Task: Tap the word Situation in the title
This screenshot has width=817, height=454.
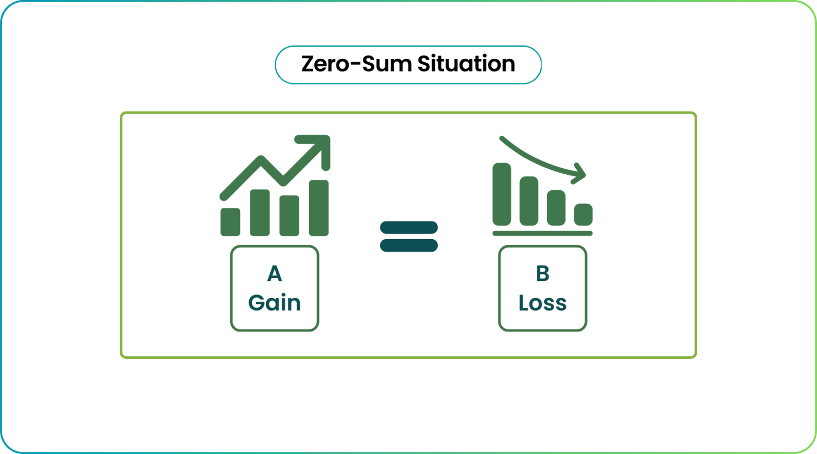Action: pyautogui.click(x=466, y=64)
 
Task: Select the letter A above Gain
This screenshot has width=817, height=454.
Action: pyautogui.click(x=275, y=274)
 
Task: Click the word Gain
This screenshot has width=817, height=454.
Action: pyautogui.click(x=275, y=303)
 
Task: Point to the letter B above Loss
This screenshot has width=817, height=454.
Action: pyautogui.click(x=542, y=274)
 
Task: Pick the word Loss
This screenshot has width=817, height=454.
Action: pyautogui.click(x=542, y=303)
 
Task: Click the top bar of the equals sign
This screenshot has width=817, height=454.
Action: pyautogui.click(x=408, y=227)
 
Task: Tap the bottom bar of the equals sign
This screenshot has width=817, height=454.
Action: pyautogui.click(x=408, y=246)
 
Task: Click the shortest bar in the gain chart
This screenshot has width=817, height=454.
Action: pyautogui.click(x=230, y=222)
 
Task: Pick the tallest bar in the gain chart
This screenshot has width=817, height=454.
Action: pyautogui.click(x=319, y=208)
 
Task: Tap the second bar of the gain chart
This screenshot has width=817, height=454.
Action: pyautogui.click(x=260, y=213)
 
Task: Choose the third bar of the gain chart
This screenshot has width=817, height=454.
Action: pyautogui.click(x=289, y=215)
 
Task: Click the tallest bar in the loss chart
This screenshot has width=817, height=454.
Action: pyautogui.click(x=501, y=194)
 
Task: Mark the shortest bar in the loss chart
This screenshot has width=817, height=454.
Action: pyautogui.click(x=583, y=214)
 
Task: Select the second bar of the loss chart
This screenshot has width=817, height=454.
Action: pyautogui.click(x=529, y=201)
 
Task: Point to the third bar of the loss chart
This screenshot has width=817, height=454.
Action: pyautogui.click(x=556, y=207)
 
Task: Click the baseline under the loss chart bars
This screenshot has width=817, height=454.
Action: pyautogui.click(x=542, y=234)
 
